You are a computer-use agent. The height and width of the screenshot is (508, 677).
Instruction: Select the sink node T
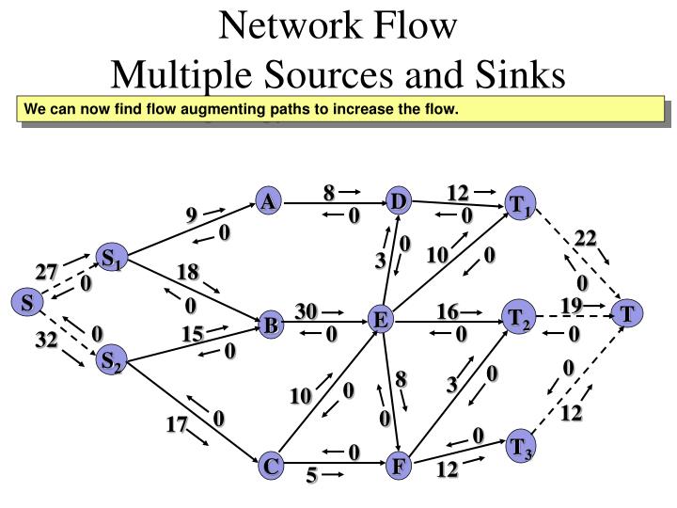click(626, 314)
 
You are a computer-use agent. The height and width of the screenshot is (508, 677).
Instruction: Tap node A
click(269, 201)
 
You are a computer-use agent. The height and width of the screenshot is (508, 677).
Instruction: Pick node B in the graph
click(271, 326)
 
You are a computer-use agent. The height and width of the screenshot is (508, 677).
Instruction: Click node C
click(271, 466)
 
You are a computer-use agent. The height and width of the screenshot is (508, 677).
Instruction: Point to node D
click(399, 201)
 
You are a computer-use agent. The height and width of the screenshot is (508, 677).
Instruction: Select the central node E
click(380, 321)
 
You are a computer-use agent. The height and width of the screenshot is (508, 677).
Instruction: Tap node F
click(399, 466)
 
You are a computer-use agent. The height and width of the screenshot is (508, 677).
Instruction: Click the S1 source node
click(112, 258)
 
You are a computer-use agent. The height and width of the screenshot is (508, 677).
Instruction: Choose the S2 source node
click(112, 360)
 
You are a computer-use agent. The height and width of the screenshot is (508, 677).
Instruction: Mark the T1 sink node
click(520, 205)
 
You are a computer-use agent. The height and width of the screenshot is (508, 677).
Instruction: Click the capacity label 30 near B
click(307, 311)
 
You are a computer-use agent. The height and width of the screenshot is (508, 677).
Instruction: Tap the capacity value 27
click(47, 273)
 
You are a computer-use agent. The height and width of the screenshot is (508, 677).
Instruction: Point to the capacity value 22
click(586, 238)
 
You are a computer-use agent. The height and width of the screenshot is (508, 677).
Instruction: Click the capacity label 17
click(177, 425)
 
